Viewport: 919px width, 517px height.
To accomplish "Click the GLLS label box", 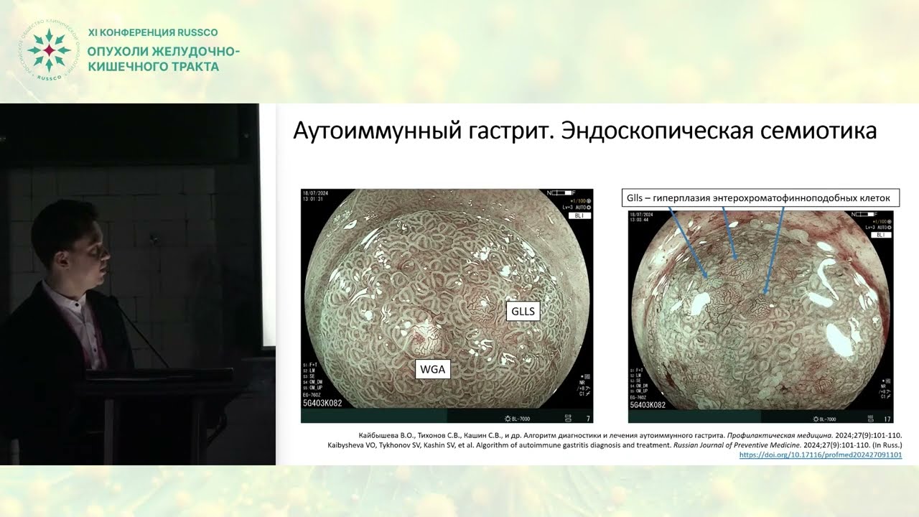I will pyautogui.click(x=523, y=311).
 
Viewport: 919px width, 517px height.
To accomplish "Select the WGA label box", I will pyautogui.click(x=433, y=369).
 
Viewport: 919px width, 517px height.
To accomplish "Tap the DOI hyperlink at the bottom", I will pyautogui.click(x=820, y=455).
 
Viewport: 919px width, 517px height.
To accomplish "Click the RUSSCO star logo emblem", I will pyautogui.click(x=48, y=50).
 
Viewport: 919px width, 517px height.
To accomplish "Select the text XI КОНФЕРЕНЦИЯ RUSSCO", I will pyautogui.click(x=152, y=32).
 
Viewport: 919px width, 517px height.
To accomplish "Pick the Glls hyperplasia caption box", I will pyautogui.click(x=760, y=197).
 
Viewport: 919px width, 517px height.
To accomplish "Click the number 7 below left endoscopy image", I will pyautogui.click(x=588, y=418).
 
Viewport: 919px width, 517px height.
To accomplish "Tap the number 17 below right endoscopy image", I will pyautogui.click(x=887, y=419).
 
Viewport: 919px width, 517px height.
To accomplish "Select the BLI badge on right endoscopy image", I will pyautogui.click(x=880, y=235).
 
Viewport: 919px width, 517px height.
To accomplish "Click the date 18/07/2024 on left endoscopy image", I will pyautogui.click(x=316, y=195).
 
